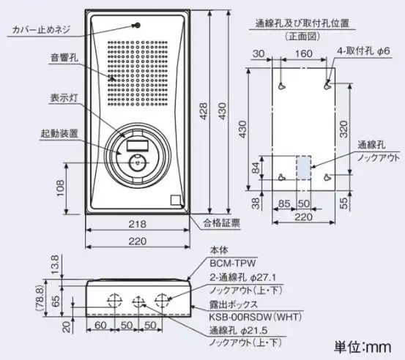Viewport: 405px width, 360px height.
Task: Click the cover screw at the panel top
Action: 138,26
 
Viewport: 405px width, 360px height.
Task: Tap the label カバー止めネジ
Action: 41,30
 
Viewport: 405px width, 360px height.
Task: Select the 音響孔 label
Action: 64,57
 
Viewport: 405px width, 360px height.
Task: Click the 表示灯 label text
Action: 64,98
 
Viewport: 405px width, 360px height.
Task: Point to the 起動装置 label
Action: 59,134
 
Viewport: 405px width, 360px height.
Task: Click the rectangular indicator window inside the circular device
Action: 138,146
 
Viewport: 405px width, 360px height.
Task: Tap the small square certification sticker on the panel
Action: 176,200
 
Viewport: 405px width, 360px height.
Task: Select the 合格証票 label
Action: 222,222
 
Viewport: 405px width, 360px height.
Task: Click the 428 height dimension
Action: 204,111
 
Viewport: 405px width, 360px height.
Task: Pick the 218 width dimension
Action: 138,224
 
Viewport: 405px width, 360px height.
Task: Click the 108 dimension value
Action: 60,188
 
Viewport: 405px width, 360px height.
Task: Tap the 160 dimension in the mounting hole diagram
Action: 303,53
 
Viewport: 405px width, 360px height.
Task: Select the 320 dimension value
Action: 343,130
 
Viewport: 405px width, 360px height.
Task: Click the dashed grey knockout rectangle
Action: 303,168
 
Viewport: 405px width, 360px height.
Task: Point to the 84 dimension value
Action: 255,168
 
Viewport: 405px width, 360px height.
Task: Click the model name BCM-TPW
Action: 233,263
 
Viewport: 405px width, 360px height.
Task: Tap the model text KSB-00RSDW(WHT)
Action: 255,317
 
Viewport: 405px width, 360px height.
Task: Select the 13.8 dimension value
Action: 55,265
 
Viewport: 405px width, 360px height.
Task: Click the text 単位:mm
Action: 363,347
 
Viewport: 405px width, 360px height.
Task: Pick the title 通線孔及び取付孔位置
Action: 302,23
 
